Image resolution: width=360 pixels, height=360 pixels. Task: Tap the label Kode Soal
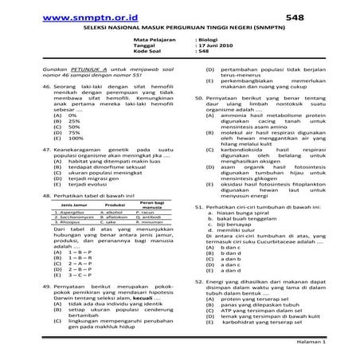pos(149,51)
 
